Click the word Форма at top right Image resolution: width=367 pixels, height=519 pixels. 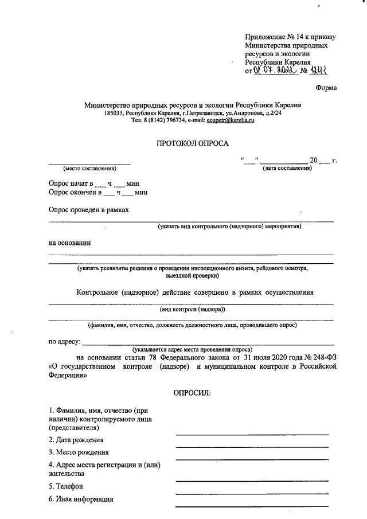[326, 87]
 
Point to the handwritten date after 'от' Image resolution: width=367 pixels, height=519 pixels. [278, 71]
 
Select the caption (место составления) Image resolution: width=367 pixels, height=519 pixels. [89, 168]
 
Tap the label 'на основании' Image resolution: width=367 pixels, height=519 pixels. [69, 243]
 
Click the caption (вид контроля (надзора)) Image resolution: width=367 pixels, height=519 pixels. [192, 309]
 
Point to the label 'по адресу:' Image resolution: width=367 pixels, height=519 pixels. [65, 341]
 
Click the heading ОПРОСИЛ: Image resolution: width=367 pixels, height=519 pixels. [192, 393]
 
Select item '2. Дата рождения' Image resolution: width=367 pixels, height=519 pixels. [76, 440]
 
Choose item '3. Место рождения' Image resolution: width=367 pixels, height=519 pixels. [78, 452]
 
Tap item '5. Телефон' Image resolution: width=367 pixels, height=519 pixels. [66, 486]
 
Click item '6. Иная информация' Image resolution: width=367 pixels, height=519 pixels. [80, 499]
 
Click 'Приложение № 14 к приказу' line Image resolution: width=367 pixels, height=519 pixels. [290, 37]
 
